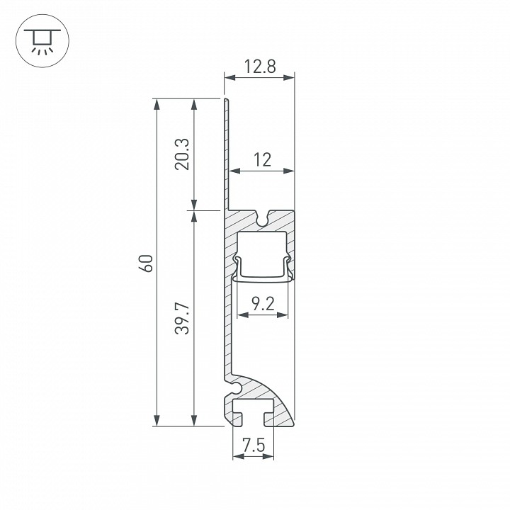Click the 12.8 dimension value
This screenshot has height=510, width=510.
(x=260, y=67)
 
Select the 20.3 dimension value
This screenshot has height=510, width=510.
(x=181, y=154)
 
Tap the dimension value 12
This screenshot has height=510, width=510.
(x=262, y=160)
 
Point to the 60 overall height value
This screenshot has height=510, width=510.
(x=145, y=263)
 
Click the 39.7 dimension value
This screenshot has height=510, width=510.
(x=181, y=319)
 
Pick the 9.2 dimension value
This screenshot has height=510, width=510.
(x=263, y=305)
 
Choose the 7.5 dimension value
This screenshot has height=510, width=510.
(x=254, y=446)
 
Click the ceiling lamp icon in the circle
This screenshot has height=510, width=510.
(x=42, y=40)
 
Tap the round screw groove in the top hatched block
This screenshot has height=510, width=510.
(x=263, y=220)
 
